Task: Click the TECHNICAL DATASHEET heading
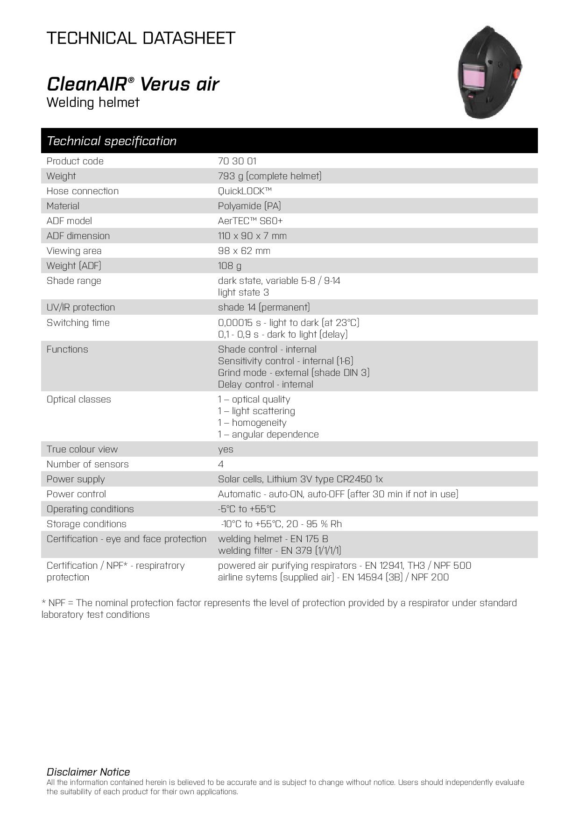tap(141, 38)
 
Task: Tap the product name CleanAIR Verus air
tap(133, 84)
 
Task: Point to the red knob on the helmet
tap(517, 73)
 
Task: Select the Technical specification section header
tap(112, 141)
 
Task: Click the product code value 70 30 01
tap(237, 161)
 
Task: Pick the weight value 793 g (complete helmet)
tap(269, 176)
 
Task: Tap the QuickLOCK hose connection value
tap(245, 191)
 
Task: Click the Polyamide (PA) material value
tap(249, 206)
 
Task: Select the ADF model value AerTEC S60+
tap(250, 221)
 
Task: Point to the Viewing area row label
tap(74, 251)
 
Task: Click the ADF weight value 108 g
tap(230, 266)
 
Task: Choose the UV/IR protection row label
tap(81, 307)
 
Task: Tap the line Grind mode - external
tap(294, 373)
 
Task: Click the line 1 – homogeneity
tap(252, 423)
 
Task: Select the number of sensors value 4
tap(221, 464)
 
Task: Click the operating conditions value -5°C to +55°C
tap(247, 509)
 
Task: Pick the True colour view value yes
tap(226, 449)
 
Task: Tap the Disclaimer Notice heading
tap(88, 772)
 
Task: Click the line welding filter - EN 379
tap(279, 551)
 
